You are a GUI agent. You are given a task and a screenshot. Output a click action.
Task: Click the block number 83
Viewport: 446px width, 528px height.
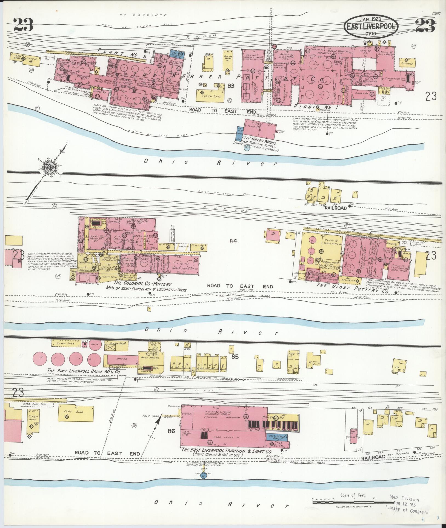[x=231, y=85]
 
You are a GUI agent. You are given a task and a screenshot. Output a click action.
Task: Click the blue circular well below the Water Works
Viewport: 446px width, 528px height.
[x=247, y=148]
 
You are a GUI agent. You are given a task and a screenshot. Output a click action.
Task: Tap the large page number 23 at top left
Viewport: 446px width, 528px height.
[x=23, y=25]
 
